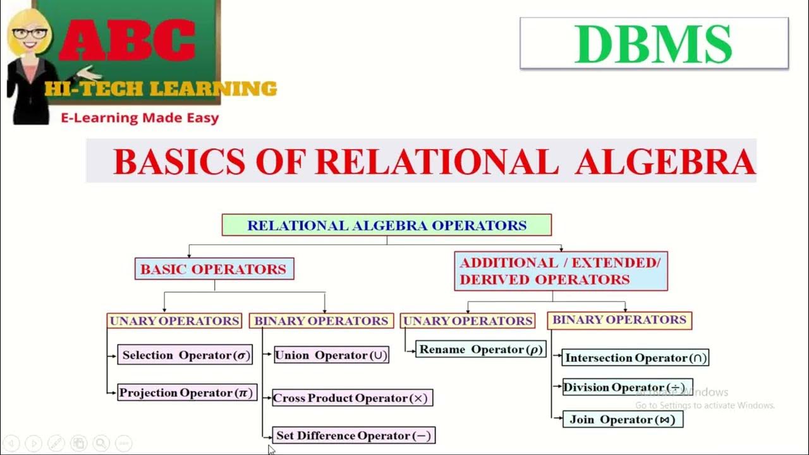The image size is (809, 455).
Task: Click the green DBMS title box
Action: click(x=654, y=43)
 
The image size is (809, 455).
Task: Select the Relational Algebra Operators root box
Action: click(x=386, y=225)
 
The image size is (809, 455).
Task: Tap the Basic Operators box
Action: click(x=214, y=269)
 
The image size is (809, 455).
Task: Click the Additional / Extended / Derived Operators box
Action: click(x=560, y=271)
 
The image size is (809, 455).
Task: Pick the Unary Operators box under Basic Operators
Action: click(x=174, y=321)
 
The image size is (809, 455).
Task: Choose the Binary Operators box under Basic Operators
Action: click(x=320, y=321)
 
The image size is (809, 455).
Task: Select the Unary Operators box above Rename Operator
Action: click(x=468, y=321)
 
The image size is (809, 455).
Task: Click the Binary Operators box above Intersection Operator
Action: click(x=619, y=320)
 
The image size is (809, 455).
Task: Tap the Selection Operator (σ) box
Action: click(x=186, y=355)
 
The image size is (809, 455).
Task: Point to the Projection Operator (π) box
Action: click(x=186, y=392)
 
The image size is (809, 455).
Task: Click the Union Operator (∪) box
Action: click(x=331, y=355)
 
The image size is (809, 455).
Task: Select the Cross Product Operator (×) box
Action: click(x=352, y=398)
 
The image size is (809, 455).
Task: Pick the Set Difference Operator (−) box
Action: click(x=353, y=435)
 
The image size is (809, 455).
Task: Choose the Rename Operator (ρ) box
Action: click(x=480, y=349)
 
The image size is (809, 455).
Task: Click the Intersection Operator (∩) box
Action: click(x=635, y=358)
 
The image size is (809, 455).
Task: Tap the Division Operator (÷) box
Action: click(x=627, y=387)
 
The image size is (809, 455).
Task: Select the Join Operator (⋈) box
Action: click(x=623, y=420)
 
